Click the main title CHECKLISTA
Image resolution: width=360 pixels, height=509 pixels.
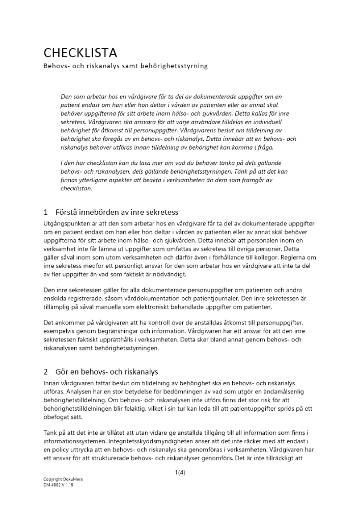coord(80,53)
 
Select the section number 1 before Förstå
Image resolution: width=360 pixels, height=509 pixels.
coord(45,212)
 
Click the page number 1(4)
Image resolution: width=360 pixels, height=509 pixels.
coord(180,472)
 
